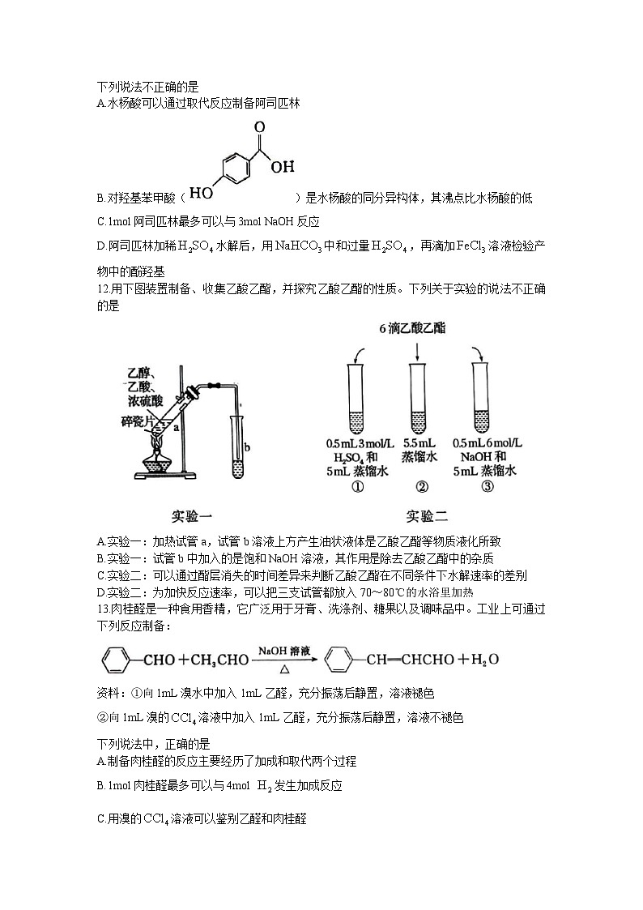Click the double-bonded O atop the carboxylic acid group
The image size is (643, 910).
click(x=259, y=127)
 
